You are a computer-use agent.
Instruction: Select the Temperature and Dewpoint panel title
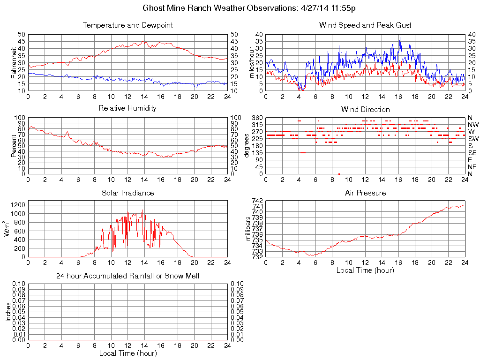pos(127,25)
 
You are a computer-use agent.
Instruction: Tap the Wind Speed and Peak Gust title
pos(365,25)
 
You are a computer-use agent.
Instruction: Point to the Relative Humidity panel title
pos(127,108)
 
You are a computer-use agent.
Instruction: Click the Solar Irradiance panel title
pos(127,193)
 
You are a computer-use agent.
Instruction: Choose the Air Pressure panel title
pos(365,193)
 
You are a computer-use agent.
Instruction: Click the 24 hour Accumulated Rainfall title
pos(127,276)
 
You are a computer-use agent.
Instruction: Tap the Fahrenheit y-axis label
pos(14,63)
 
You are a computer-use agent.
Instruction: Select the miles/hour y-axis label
pos(251,63)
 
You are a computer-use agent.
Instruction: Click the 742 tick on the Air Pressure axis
pos(258,201)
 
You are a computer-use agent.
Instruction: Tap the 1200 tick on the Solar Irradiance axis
pos(18,205)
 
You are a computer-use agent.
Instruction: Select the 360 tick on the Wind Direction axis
pos(256,118)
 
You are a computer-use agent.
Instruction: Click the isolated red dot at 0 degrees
pos(339,174)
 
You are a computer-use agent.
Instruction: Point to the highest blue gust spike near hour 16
pos(400,38)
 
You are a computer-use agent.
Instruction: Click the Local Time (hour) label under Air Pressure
pos(365,270)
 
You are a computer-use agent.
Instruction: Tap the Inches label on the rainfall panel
pos(8,312)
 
